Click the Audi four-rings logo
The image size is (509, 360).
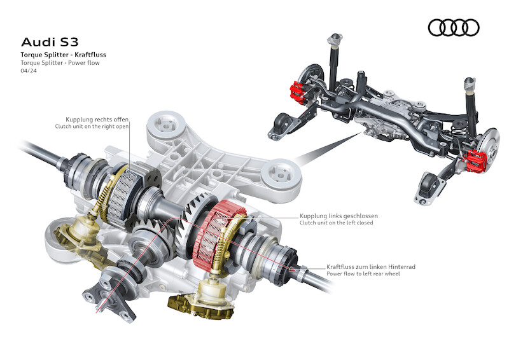pos(454,27)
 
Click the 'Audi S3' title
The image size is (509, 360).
pos(50,42)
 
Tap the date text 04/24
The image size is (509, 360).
pos(29,71)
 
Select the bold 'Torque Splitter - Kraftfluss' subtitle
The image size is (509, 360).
pos(63,55)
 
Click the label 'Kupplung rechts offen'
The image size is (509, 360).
pos(97,120)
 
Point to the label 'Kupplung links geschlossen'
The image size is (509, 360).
pos(338,216)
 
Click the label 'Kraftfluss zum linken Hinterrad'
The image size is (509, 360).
pos(371,267)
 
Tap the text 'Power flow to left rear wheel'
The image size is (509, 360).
pos(363,273)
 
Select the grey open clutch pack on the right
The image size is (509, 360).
pos(125,195)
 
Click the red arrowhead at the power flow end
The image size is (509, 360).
pos(292,268)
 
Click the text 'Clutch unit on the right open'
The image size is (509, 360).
pos(92,127)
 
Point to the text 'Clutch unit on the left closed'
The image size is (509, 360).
pos(337,223)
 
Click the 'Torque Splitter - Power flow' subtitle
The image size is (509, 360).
pos(60,63)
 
